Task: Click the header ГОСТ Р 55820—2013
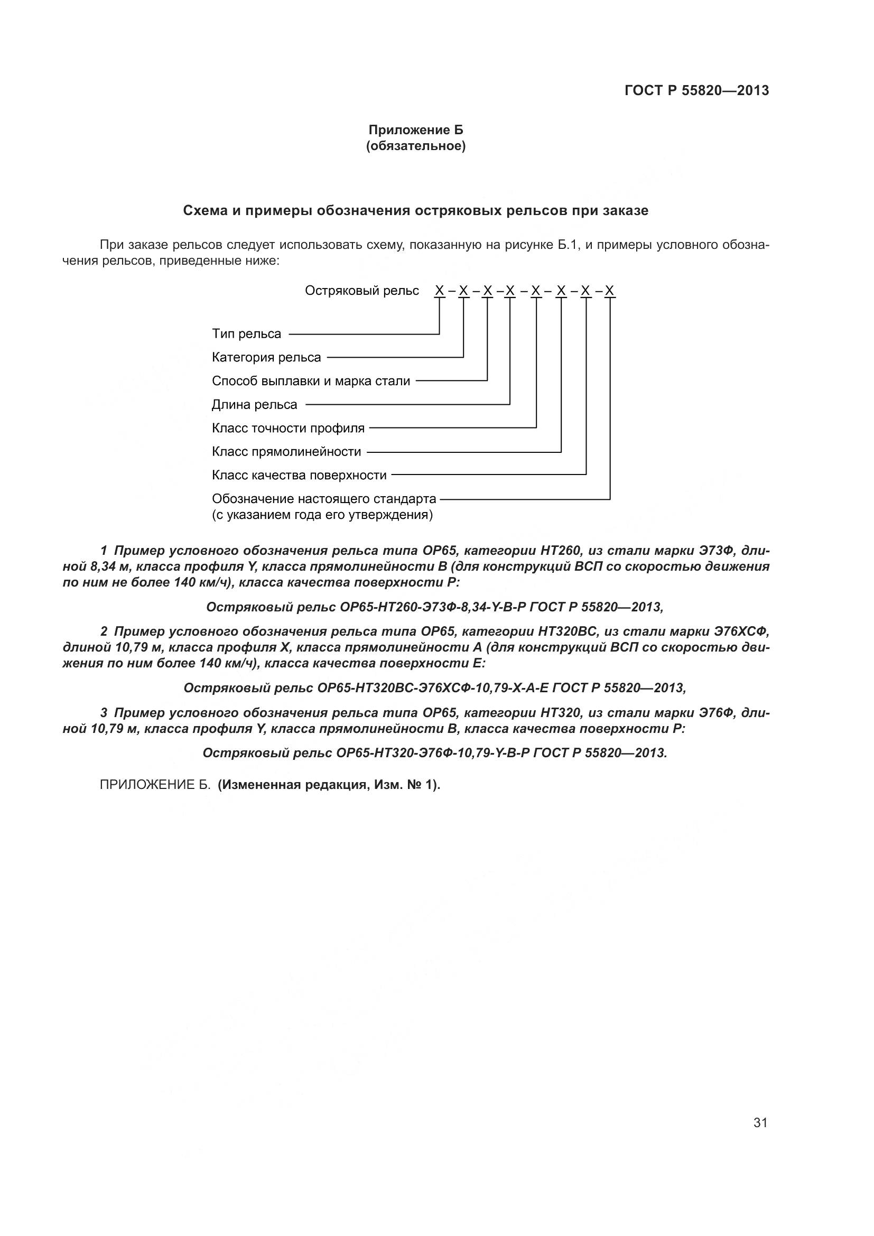pos(696,90)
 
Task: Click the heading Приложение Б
pos(415,130)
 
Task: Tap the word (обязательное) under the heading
pos(415,146)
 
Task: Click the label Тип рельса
pos(246,334)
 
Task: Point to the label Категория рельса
pos(266,357)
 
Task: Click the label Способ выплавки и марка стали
pos(311,381)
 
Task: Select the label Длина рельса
pos(254,405)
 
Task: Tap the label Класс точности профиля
pos(288,429)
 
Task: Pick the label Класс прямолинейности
pos(286,452)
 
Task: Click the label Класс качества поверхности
pos(299,476)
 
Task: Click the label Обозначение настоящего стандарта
pos(323,499)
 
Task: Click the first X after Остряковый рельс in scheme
pos(439,291)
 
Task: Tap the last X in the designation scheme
pos(609,291)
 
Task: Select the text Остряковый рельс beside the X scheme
pos(361,291)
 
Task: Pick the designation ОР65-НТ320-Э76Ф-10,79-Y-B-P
pos(433,752)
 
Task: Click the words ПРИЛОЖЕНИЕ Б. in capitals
pos(155,785)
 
